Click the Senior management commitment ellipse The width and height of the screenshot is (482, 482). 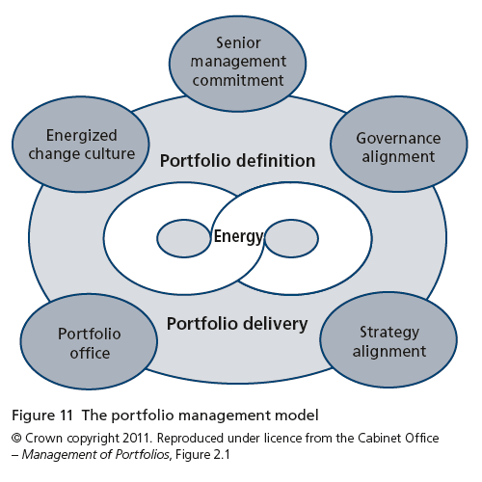tap(238, 64)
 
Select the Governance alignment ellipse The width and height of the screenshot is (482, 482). tap(399, 144)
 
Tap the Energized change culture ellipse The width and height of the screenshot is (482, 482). tap(81, 145)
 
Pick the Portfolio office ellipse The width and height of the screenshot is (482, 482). tap(89, 341)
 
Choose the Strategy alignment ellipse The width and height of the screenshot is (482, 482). tap(388, 339)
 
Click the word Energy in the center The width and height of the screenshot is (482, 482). tap(238, 237)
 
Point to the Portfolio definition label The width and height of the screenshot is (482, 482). tap(237, 161)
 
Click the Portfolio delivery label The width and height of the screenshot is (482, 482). tap(237, 324)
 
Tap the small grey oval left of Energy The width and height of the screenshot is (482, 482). tap(184, 238)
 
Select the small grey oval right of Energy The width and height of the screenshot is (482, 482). tap(291, 238)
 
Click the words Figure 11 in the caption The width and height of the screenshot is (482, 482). tap(42, 415)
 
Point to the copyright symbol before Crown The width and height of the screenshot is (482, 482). tap(16, 438)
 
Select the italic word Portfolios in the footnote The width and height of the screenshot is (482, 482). tap(142, 455)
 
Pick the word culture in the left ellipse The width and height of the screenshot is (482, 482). tap(109, 154)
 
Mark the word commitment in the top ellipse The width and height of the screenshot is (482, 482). tap(238, 80)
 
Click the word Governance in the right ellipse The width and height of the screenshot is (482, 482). tap(398, 139)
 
